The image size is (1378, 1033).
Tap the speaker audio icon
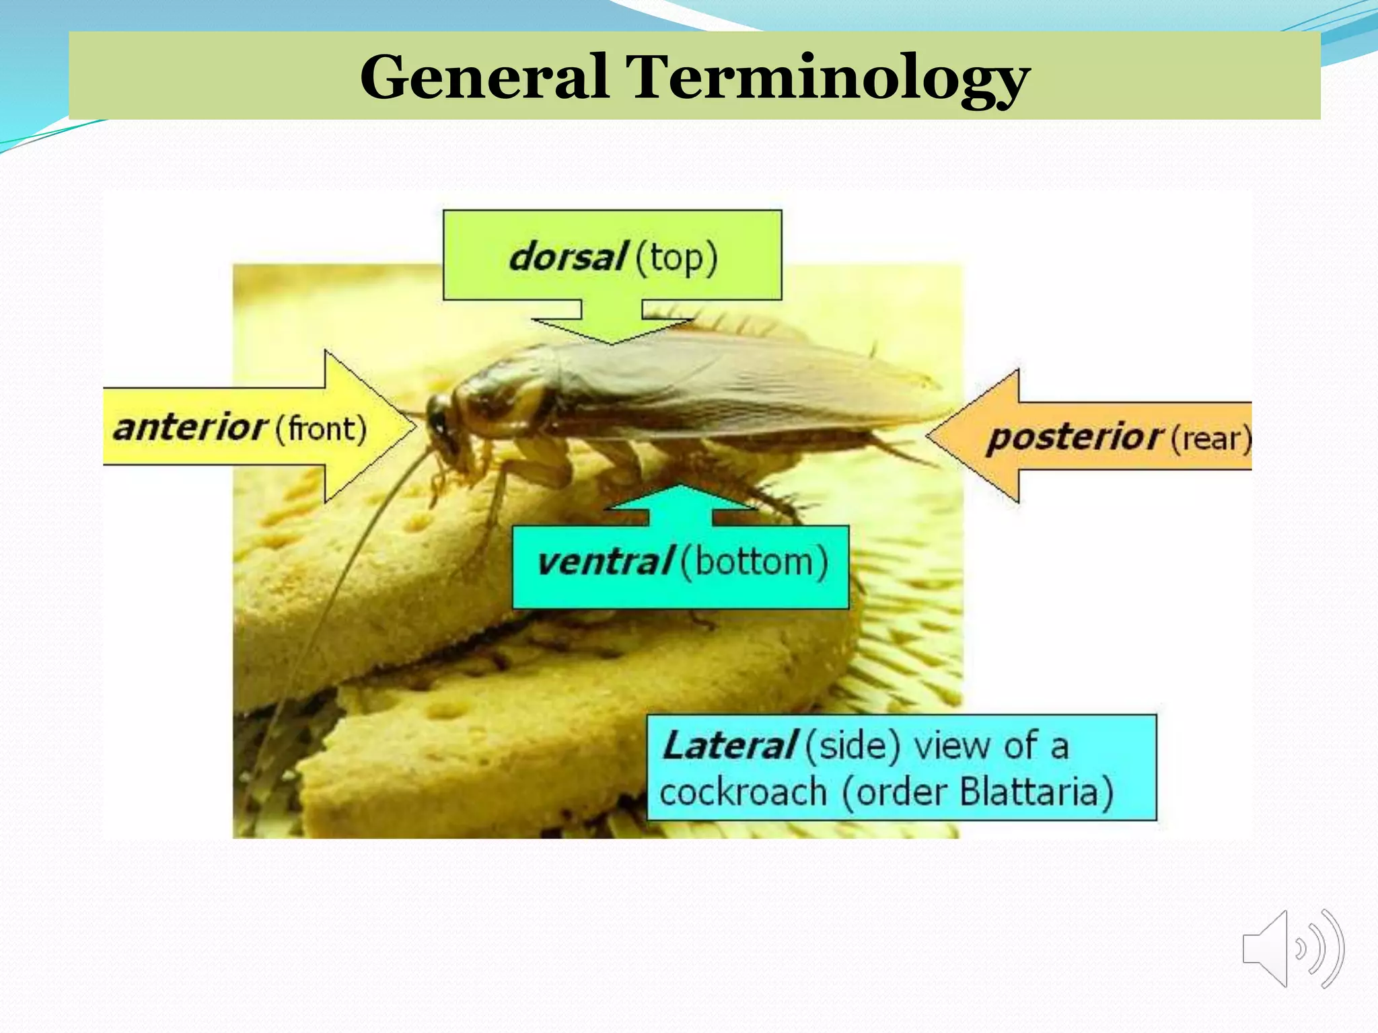tap(1293, 949)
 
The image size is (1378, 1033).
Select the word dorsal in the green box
tap(568, 257)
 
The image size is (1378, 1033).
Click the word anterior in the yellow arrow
tap(191, 427)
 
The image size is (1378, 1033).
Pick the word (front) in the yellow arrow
tap(322, 428)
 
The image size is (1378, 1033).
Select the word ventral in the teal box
tap(604, 562)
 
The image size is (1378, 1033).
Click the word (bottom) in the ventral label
tap(754, 562)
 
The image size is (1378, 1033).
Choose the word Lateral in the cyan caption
tap(729, 746)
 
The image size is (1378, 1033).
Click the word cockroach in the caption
tap(743, 792)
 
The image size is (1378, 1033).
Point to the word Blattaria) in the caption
tap(1036, 792)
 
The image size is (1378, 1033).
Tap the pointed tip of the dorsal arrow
tap(612, 343)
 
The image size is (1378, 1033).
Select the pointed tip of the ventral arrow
tap(680, 486)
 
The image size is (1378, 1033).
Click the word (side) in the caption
tap(852, 746)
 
